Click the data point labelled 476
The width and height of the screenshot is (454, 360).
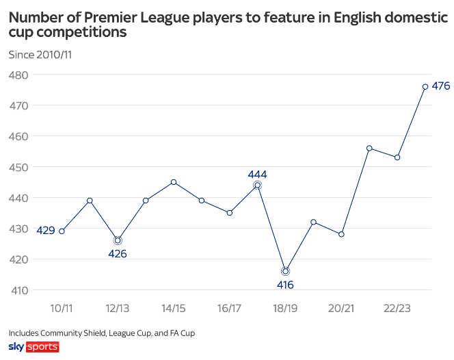coord(425,87)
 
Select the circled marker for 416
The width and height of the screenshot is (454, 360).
coord(285,272)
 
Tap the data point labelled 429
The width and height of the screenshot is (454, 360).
coord(62,231)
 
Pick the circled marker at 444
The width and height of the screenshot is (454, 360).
coord(257,185)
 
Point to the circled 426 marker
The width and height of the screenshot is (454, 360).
coord(118,241)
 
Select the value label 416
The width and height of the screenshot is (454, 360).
coord(285,285)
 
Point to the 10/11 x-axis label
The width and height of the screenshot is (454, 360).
coord(62,308)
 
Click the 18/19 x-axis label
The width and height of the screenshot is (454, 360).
coord(285,308)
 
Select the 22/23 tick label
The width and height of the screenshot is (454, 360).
coord(397,308)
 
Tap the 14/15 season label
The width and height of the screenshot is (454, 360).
coord(174,308)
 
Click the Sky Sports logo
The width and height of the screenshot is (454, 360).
coord(34,347)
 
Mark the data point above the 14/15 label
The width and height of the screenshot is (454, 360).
coord(174,182)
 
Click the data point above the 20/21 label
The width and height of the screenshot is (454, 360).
coord(341,234)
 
